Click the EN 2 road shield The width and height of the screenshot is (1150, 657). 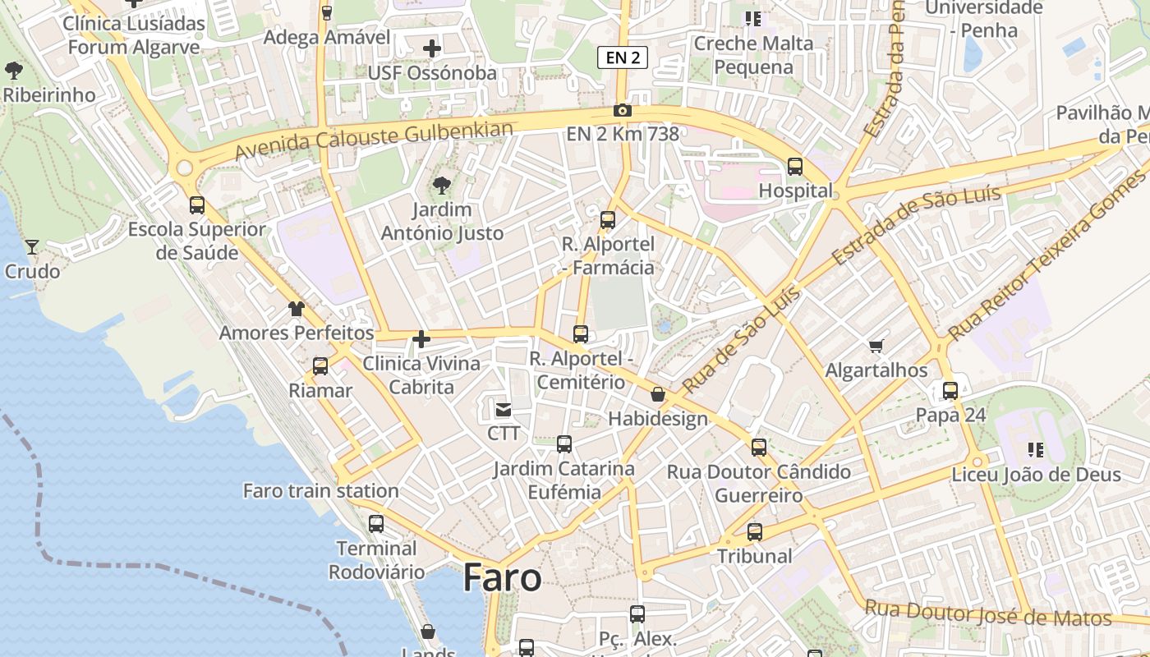click(x=622, y=57)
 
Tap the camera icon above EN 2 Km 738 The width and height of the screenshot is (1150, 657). click(x=622, y=111)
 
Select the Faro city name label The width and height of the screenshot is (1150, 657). click(x=502, y=578)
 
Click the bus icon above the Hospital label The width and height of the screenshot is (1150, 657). click(x=794, y=167)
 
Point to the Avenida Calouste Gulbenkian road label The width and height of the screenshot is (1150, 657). click(x=374, y=140)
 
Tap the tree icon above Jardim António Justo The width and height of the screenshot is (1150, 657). click(x=442, y=186)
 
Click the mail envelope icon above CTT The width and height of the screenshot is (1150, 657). click(x=503, y=409)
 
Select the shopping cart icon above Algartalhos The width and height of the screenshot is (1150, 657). click(x=876, y=347)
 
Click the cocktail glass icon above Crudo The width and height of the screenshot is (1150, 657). click(x=32, y=246)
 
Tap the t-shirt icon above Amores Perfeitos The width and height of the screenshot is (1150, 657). click(x=296, y=309)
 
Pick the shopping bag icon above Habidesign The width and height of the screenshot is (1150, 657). click(x=657, y=395)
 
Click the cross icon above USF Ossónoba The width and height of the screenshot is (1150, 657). click(x=432, y=48)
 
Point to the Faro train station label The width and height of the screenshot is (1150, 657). click(x=320, y=491)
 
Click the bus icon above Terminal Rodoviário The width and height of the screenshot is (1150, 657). click(x=376, y=523)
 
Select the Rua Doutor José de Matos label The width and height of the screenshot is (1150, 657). click(x=988, y=615)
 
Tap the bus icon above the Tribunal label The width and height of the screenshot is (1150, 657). click(x=755, y=532)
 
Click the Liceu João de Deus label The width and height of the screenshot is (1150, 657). click(x=1036, y=475)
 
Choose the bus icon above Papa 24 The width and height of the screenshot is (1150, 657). click(x=950, y=391)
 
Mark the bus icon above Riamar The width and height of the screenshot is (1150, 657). click(x=320, y=366)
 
